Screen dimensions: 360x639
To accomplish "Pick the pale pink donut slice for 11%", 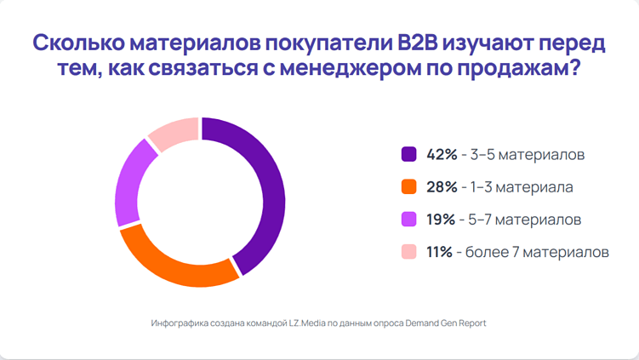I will [175, 131].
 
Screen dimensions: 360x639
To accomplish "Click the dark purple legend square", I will [408, 154].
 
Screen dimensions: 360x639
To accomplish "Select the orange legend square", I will [408, 186].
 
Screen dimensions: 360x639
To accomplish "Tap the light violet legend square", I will [408, 220].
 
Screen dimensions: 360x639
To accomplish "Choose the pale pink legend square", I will [408, 252].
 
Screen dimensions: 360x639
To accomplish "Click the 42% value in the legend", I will [442, 154].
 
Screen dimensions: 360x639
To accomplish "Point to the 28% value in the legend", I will [442, 186].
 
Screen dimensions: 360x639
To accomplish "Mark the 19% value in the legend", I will [441, 220].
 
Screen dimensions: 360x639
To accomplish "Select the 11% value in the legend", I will [440, 252].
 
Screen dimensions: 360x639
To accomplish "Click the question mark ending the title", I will [574, 71].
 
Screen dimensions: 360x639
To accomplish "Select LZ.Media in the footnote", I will [302, 323].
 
